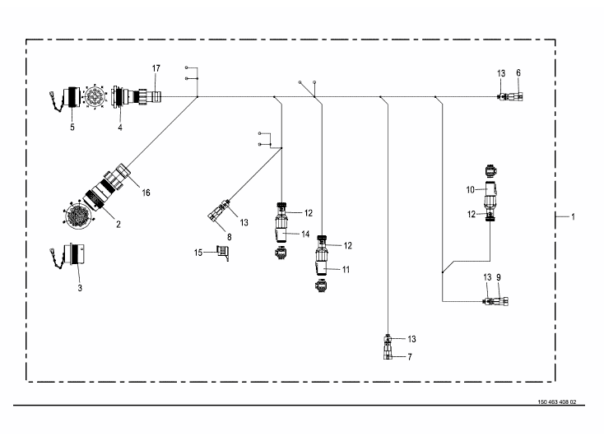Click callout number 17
point(156,67)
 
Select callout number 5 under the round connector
point(72,128)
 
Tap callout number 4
point(119,128)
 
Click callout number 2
point(118,223)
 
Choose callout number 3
point(79,289)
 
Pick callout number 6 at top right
point(518,73)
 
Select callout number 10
point(470,189)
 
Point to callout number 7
point(409,357)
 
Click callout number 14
point(305,234)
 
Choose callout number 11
point(345,269)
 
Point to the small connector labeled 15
point(221,251)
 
